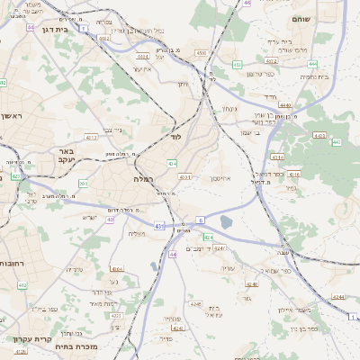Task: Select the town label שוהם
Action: click(x=299, y=18)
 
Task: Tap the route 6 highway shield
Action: click(x=201, y=219)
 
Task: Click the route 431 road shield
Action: click(x=159, y=225)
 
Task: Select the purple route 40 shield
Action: click(x=110, y=220)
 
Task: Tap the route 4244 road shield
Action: click(x=337, y=295)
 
